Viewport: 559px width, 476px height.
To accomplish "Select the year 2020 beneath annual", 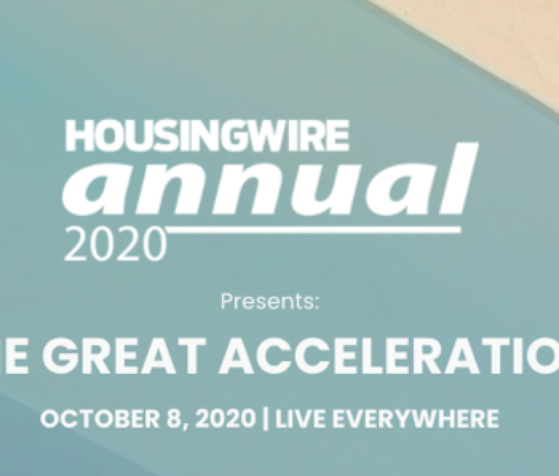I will (x=115, y=244).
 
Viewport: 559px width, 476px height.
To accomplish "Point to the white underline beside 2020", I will (x=311, y=231).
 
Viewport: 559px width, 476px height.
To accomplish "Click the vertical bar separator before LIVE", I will (x=266, y=419).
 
